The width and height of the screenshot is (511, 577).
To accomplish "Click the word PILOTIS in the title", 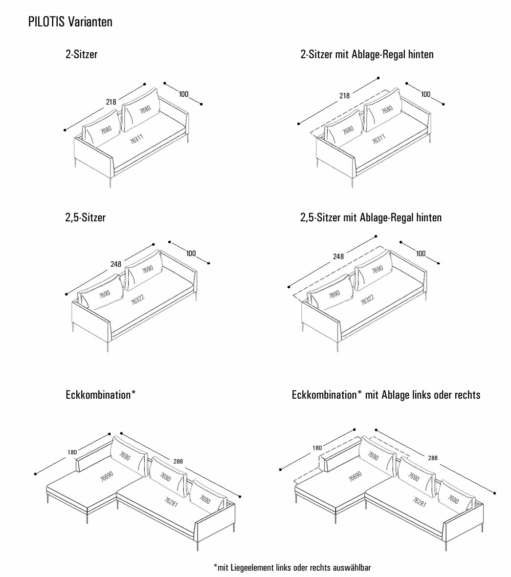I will click(47, 22).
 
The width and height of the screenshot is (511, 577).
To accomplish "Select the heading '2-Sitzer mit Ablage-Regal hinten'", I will click(367, 54).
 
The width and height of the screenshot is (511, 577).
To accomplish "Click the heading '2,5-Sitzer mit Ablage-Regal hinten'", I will click(371, 217).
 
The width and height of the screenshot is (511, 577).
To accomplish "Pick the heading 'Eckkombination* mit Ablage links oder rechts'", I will click(386, 395).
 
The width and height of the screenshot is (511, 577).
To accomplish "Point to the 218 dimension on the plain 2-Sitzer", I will click(111, 102).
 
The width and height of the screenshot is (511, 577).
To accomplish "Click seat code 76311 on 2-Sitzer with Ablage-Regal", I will click(378, 138).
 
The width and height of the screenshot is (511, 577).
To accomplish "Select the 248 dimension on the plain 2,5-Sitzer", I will click(116, 264).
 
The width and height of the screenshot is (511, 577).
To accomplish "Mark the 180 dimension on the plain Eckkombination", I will click(72, 452).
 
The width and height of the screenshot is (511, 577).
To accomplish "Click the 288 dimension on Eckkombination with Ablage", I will click(433, 458).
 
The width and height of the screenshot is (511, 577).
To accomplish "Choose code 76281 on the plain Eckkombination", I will click(171, 501).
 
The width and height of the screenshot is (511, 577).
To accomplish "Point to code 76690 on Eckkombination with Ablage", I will click(355, 476).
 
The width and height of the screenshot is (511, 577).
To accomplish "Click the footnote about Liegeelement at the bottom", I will click(292, 567).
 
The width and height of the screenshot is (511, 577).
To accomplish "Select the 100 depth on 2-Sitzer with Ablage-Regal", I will click(425, 94).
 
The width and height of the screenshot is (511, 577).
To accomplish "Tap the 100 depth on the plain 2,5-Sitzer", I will click(191, 253).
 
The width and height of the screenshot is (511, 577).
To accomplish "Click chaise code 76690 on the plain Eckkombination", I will click(107, 476).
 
